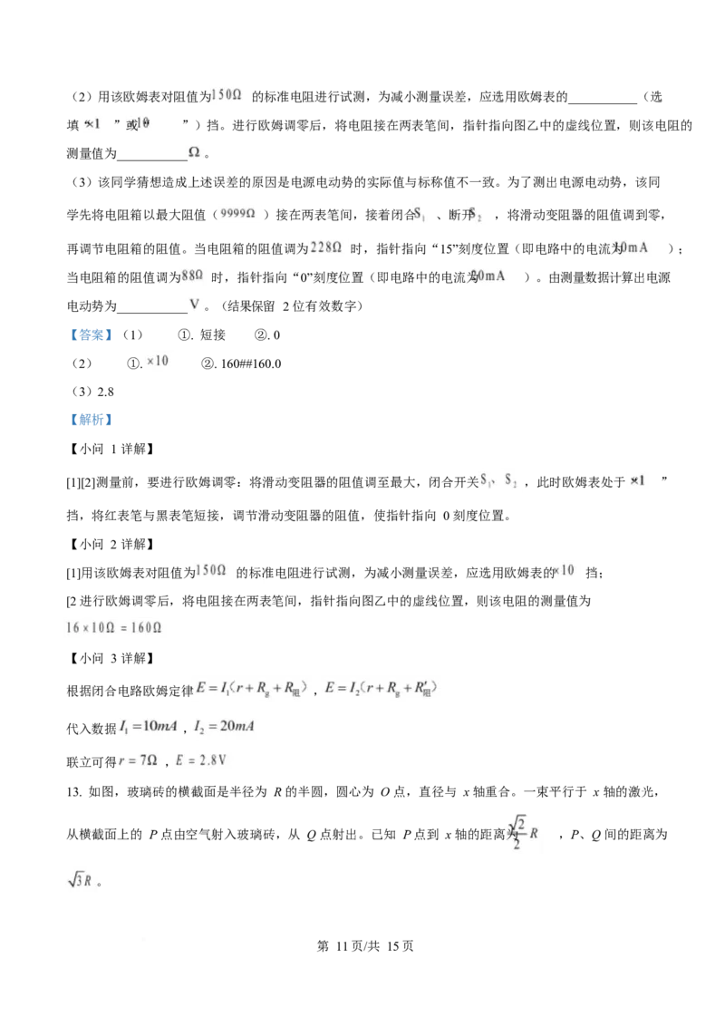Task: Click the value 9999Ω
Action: point(240,214)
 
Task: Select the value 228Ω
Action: point(326,247)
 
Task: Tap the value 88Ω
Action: point(191,275)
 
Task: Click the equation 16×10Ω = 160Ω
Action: point(115,627)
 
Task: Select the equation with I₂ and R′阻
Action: point(381,689)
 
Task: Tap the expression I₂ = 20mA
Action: point(223,727)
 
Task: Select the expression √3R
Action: point(78,880)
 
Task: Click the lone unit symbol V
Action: point(194,304)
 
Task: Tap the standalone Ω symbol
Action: point(194,151)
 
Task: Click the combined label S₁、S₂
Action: point(498,479)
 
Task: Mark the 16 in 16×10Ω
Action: point(72,627)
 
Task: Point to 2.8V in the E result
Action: point(211,760)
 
